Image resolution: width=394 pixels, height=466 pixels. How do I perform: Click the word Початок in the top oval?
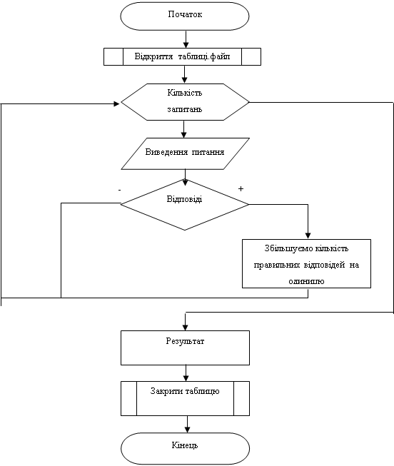tap(185, 14)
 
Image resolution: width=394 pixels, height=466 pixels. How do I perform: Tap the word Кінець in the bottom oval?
tap(185, 445)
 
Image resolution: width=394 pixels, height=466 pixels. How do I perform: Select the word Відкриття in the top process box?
tap(153, 56)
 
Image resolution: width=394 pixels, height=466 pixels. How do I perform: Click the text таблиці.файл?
tap(204, 56)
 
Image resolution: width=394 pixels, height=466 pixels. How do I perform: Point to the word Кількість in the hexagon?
tap(185, 93)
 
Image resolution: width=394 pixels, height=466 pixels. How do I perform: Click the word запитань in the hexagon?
tap(185, 109)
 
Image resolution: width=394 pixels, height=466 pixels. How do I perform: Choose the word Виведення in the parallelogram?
tap(166, 152)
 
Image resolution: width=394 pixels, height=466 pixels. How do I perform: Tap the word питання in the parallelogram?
tap(208, 152)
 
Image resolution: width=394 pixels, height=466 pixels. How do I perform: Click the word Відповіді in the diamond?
tap(184, 199)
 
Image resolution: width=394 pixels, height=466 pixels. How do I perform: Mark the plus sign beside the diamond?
tap(241, 188)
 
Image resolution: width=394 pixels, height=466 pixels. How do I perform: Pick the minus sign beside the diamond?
tap(119, 190)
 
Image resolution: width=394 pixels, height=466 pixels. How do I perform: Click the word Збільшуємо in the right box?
tap(283, 248)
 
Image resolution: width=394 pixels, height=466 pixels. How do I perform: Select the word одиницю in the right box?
tap(306, 281)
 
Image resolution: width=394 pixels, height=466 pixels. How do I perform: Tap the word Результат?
tap(185, 341)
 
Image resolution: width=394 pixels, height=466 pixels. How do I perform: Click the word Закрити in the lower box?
tap(167, 391)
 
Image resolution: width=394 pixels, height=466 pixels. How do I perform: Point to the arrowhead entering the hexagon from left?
tap(117, 103)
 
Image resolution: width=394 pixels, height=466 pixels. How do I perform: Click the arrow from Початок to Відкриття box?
tap(186, 39)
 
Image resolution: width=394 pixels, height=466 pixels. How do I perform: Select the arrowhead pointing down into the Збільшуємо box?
tap(308, 235)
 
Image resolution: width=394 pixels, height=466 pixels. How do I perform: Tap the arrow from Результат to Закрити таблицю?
tap(186, 373)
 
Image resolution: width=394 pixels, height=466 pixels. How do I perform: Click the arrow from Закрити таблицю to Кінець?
tap(187, 424)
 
